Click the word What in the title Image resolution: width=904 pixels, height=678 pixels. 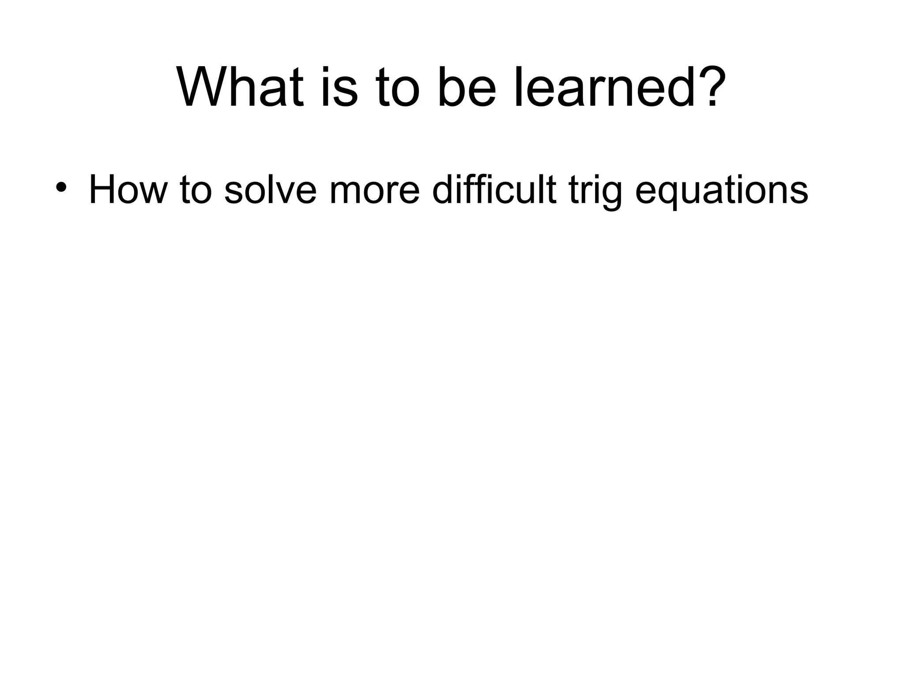pyautogui.click(x=241, y=87)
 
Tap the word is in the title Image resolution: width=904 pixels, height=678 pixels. pyautogui.click(x=339, y=87)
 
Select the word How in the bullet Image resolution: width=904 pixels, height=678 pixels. pyautogui.click(x=128, y=190)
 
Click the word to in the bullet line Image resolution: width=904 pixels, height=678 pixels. pyautogui.click(x=196, y=190)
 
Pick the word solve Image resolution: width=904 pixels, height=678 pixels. pyautogui.click(x=270, y=190)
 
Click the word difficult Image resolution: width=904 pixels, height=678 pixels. pyautogui.click(x=494, y=190)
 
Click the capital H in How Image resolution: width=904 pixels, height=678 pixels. pyautogui.click(x=102, y=190)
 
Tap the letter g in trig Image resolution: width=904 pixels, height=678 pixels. pyautogui.click(x=612, y=194)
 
